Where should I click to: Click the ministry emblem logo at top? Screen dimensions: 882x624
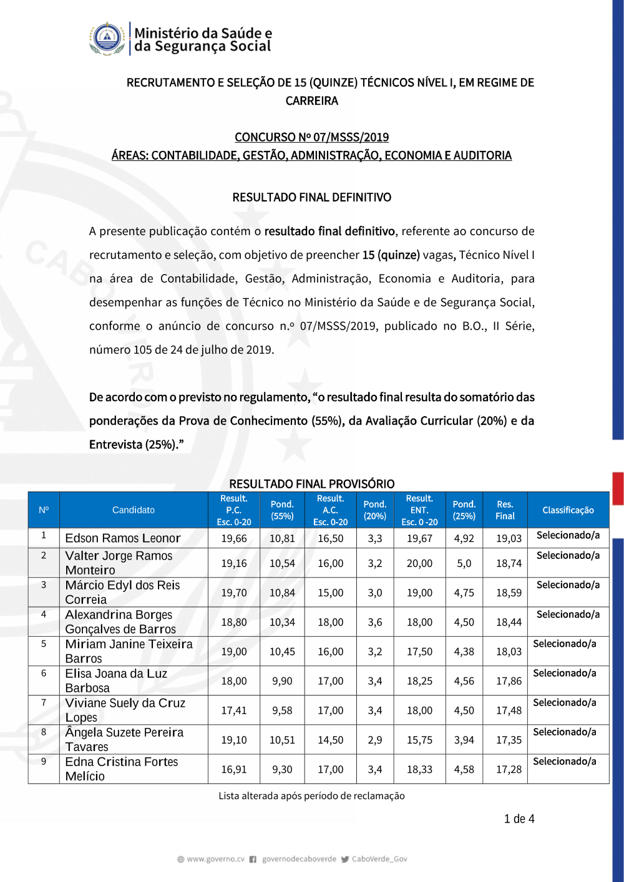[x=107, y=39]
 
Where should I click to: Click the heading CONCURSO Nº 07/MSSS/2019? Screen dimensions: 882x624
[x=311, y=137]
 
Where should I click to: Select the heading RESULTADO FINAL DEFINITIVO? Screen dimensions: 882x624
[x=311, y=197]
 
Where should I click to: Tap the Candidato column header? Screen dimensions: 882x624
[x=134, y=510]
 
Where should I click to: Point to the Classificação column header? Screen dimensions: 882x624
[x=568, y=510]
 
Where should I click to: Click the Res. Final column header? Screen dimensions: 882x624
[x=505, y=510]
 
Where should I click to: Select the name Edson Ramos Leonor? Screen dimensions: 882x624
[x=123, y=538]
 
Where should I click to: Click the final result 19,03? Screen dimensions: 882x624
[x=509, y=538]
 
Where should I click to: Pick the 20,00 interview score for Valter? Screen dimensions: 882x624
[x=419, y=563]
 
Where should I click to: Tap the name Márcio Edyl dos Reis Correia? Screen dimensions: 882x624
[x=122, y=593]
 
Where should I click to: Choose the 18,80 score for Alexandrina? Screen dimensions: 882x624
[x=234, y=622]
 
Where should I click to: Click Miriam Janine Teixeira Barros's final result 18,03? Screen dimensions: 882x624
[x=509, y=652]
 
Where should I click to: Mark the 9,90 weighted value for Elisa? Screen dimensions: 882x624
[x=282, y=681]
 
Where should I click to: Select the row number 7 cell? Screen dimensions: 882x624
[x=44, y=703]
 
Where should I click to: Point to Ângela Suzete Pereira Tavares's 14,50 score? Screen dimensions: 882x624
[x=330, y=740]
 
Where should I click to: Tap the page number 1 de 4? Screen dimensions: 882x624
[x=519, y=819]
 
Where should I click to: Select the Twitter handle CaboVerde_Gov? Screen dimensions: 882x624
[x=379, y=859]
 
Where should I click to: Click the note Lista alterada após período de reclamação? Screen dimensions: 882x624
[x=311, y=796]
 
